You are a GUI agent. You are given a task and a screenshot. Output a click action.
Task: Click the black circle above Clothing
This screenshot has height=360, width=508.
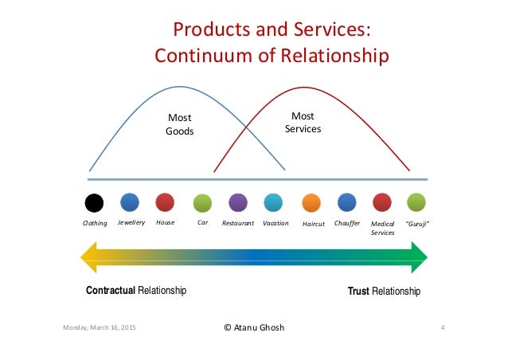coord(94,202)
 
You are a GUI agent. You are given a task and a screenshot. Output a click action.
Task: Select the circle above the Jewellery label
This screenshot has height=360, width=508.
coord(130,202)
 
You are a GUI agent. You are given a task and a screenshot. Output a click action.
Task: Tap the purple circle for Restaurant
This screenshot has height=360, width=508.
coord(238,202)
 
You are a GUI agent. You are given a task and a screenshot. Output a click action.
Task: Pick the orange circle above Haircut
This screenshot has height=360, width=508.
coord(311,202)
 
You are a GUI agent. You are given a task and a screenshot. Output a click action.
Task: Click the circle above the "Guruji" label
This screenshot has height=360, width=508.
coord(416,202)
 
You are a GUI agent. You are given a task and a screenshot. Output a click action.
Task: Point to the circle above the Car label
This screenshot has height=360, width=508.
coord(202,202)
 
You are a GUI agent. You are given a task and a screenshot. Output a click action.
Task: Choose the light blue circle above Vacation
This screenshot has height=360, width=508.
coord(273,202)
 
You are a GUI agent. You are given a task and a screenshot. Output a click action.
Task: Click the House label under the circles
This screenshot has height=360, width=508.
coord(165,223)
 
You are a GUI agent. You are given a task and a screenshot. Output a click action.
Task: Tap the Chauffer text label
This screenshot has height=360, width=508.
coord(347,223)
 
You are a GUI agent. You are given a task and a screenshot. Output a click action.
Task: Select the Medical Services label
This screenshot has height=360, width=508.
coord(383,229)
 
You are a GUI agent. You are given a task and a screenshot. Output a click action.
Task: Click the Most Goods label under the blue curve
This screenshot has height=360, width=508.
coord(179,125)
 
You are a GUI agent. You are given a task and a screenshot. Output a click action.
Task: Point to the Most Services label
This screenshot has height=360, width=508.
coord(303,122)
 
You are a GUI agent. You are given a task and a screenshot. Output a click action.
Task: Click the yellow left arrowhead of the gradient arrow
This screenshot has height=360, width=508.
coord(89,256)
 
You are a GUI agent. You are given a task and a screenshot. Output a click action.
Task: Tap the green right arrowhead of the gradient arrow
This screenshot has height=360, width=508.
coord(420,256)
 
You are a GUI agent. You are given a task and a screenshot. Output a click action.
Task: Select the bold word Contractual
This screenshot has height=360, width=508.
coord(111,292)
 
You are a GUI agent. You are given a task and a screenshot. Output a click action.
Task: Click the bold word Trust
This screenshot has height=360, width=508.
coord(358,292)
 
